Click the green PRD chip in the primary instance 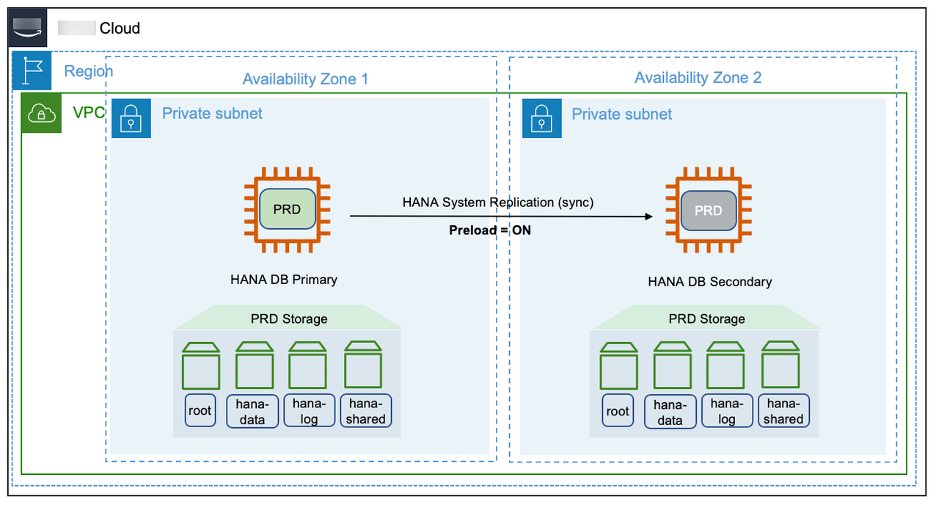[x=287, y=209]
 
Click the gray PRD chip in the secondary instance [x=708, y=211]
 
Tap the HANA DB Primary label [x=284, y=279]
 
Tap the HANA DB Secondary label [x=709, y=281]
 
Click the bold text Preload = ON [x=489, y=230]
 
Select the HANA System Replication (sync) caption [x=497, y=202]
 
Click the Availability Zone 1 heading [x=305, y=79]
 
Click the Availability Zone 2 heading [x=698, y=78]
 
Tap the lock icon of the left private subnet [x=131, y=118]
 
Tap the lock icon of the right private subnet [x=541, y=118]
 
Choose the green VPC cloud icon [x=41, y=113]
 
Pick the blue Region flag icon [x=32, y=71]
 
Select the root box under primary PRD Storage [x=200, y=410]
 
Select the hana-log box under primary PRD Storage [x=309, y=411]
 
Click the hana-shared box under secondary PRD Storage [x=783, y=411]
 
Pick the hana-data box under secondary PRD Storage [x=669, y=413]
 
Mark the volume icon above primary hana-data [x=255, y=366]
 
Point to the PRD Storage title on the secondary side [x=706, y=319]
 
